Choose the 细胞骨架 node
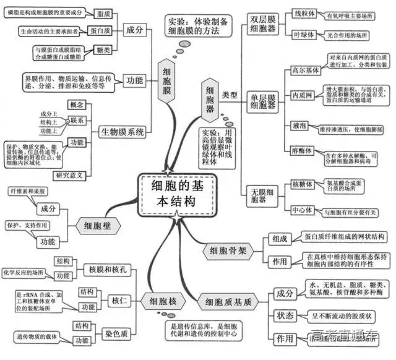pos(228,251)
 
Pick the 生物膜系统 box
pos(123,132)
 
